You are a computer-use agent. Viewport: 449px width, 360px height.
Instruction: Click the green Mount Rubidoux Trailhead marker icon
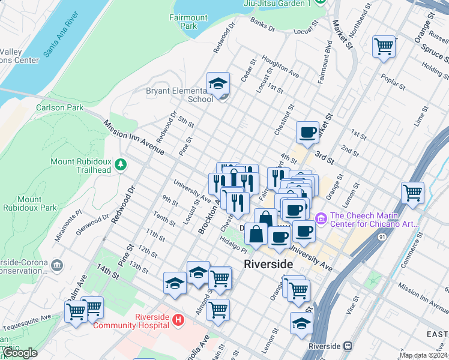(x=121, y=164)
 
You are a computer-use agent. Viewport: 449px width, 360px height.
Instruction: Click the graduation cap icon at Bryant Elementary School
(x=218, y=83)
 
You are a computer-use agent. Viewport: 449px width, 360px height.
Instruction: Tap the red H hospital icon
(x=178, y=321)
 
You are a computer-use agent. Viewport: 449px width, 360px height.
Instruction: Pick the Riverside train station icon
(x=348, y=346)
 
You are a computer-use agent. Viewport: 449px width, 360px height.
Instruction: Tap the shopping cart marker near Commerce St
(x=412, y=193)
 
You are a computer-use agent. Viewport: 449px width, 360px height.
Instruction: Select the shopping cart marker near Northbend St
(x=384, y=46)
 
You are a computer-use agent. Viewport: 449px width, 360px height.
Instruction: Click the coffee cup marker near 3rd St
(x=307, y=133)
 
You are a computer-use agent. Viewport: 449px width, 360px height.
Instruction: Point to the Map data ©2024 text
(x=423, y=355)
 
